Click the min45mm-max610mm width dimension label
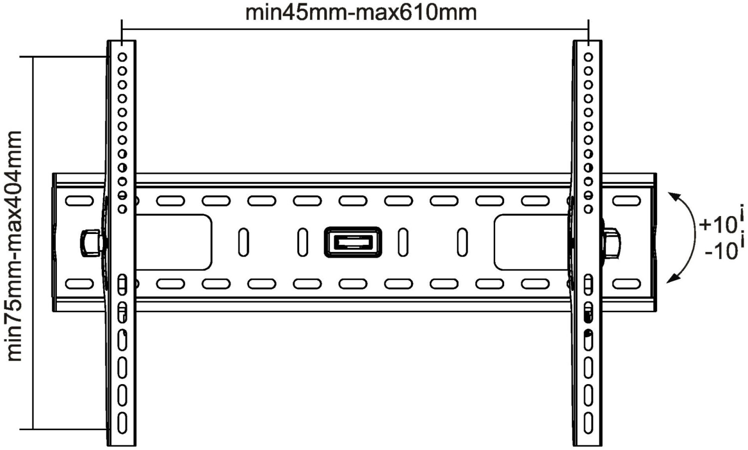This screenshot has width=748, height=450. coord(361,12)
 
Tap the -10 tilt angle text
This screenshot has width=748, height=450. coord(721,250)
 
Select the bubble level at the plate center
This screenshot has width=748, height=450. coord(353,242)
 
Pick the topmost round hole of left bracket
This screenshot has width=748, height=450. coord(122,57)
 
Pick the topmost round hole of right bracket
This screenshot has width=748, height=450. coord(588,57)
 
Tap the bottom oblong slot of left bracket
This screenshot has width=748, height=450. coord(122,422)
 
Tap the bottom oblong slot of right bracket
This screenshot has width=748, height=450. coord(588,422)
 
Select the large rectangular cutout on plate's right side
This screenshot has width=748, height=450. coord(532,242)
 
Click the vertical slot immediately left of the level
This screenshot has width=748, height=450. coord(303,242)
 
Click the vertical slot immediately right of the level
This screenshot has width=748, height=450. coord(403,242)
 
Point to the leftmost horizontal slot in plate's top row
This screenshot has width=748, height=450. coord(79,201)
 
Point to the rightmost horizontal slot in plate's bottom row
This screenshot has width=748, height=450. coord(626,284)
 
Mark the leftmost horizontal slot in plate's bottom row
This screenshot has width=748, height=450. coord(79,284)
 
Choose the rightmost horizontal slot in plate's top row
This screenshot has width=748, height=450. coord(626,201)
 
